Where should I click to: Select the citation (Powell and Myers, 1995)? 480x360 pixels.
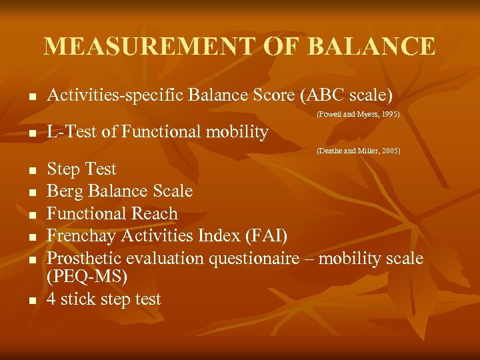pyautogui.click(x=358, y=114)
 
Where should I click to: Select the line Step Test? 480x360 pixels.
pyautogui.click(x=81, y=169)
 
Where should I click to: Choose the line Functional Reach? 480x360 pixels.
pyautogui.click(x=112, y=213)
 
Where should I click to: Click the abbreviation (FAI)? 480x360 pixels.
pyautogui.click(x=265, y=235)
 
